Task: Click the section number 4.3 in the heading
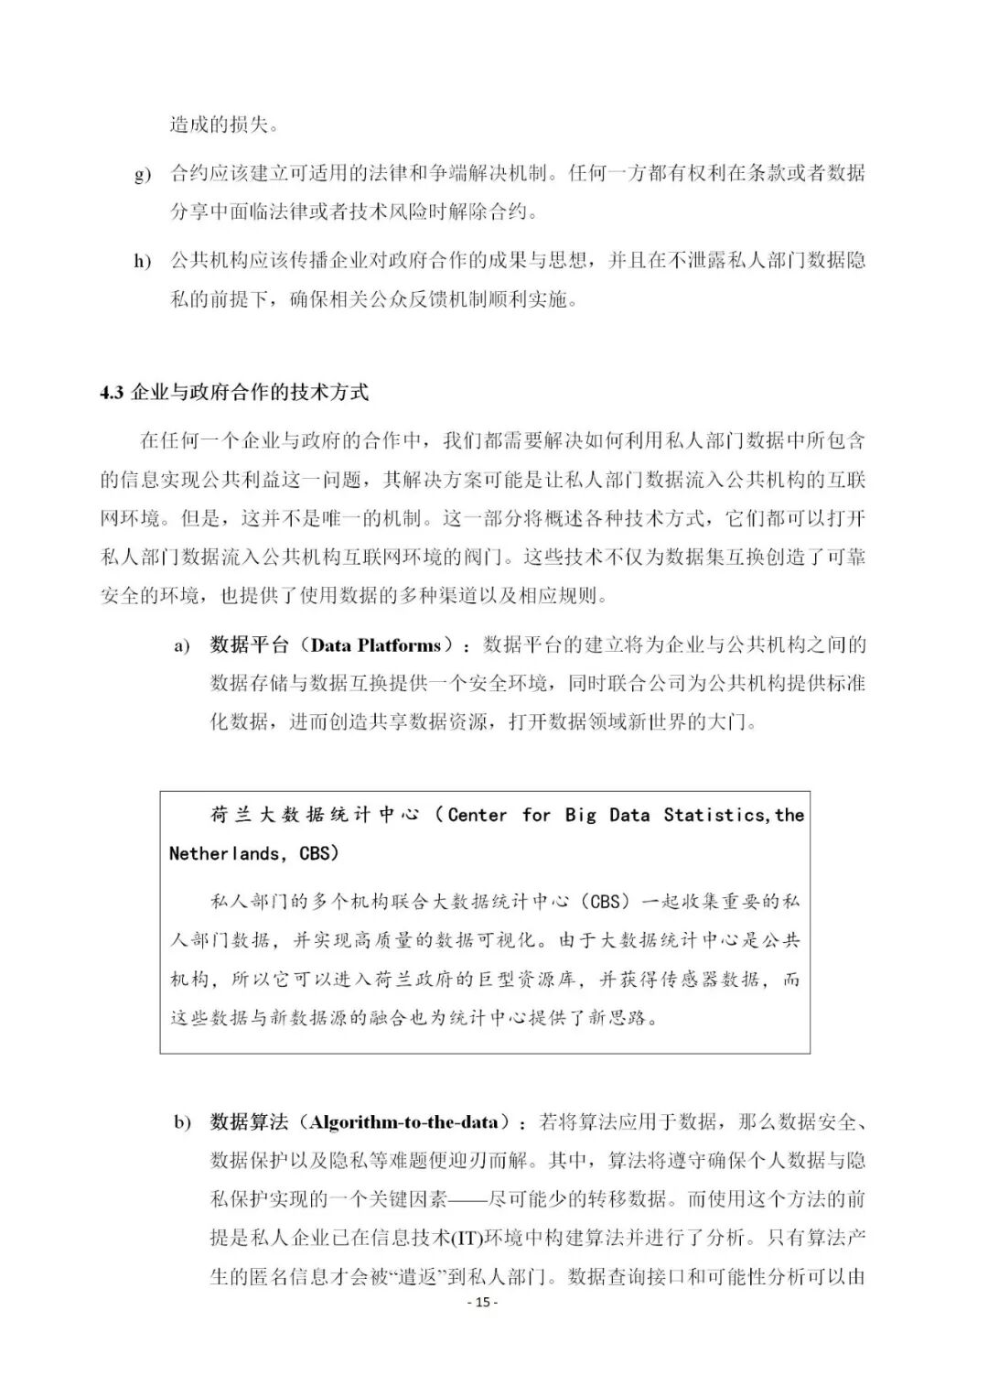112,393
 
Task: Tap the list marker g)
143,174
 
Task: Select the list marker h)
143,262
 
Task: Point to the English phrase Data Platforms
376,645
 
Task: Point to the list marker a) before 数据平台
182,646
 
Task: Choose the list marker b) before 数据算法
183,1123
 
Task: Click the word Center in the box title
477,815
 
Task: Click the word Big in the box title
580,815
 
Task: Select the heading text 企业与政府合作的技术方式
250,393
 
